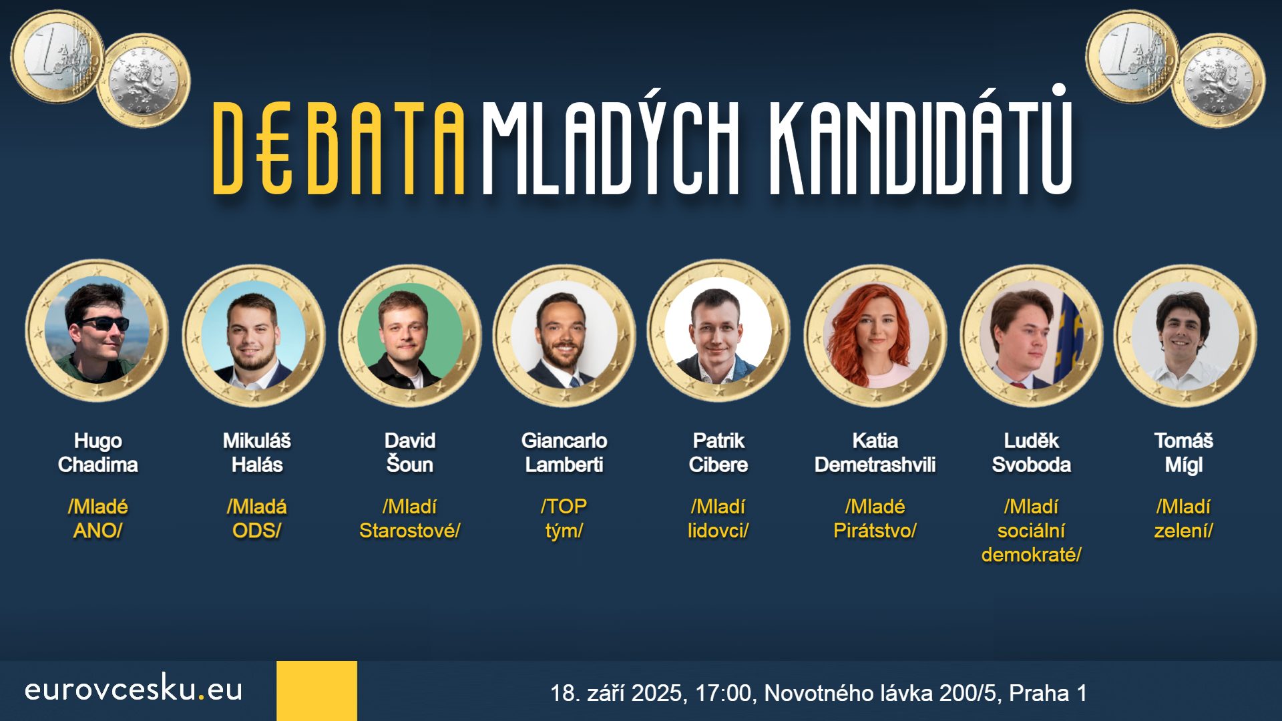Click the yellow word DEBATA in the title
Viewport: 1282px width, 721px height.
(x=339, y=148)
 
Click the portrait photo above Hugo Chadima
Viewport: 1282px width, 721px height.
(x=97, y=332)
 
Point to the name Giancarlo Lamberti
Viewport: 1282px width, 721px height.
(x=564, y=453)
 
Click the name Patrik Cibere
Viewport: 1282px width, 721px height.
(x=718, y=453)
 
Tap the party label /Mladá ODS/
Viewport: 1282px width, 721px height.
(x=257, y=519)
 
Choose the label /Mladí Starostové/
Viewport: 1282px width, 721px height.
(x=410, y=519)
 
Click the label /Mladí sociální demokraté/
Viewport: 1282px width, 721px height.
(x=1032, y=531)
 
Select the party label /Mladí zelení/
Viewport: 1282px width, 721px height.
(x=1184, y=519)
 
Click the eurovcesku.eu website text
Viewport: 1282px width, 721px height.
(x=134, y=689)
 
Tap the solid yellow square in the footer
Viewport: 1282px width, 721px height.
(x=317, y=691)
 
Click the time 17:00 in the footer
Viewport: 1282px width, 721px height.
(x=725, y=693)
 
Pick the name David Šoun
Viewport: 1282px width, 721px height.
(x=410, y=453)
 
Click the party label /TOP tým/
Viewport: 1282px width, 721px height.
(x=564, y=519)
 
